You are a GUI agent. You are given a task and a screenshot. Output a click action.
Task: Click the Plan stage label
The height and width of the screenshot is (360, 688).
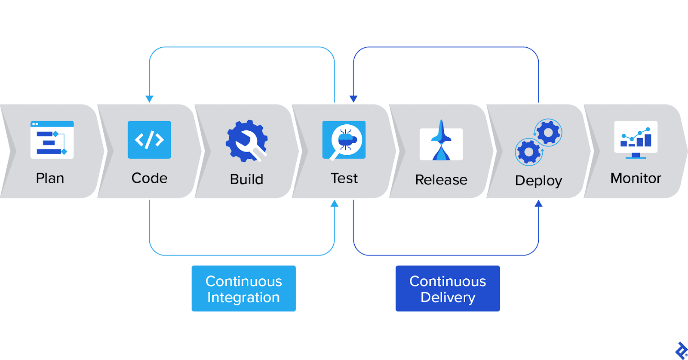[x=50, y=178]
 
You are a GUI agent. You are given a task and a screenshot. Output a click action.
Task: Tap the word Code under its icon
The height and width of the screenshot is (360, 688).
[x=149, y=178]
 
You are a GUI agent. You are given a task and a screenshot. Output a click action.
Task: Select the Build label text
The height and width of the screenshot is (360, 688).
[x=246, y=179]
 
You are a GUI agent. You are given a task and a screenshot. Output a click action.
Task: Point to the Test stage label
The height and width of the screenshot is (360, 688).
[x=344, y=178]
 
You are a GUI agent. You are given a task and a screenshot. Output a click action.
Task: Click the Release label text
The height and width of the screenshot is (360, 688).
[x=441, y=180]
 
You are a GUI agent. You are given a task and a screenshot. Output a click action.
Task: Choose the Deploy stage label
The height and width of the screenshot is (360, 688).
[x=538, y=181]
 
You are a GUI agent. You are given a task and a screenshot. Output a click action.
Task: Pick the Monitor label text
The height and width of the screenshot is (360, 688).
[x=636, y=178]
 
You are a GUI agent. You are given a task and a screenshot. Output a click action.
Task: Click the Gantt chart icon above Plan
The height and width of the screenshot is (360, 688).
[x=52, y=140]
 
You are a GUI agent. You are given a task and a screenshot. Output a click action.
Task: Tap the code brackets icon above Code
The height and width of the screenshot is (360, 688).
[x=149, y=140]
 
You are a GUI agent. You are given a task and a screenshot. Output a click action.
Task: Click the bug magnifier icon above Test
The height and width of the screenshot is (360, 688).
[x=344, y=140]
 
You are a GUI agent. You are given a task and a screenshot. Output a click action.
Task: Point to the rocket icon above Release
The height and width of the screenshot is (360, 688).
[x=441, y=141]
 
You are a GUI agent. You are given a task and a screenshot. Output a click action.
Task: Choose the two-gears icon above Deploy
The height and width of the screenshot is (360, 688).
[x=538, y=142]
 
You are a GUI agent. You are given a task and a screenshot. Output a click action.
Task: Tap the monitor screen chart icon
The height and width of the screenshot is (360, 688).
[x=636, y=139]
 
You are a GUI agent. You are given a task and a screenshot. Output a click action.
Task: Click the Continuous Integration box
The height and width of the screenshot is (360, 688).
[x=243, y=289]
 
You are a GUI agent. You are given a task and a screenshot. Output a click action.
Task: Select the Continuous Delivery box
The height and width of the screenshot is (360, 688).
[x=448, y=289]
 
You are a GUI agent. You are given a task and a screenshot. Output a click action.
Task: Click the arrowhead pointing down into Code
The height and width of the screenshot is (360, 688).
[x=150, y=99]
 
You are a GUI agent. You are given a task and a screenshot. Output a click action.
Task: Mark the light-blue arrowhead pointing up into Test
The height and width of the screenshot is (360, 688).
[x=335, y=203]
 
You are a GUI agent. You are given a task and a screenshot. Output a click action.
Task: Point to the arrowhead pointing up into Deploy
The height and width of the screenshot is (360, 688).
[x=538, y=203]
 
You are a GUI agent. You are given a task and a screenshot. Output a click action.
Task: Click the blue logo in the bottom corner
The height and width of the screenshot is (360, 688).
[x=681, y=351]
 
